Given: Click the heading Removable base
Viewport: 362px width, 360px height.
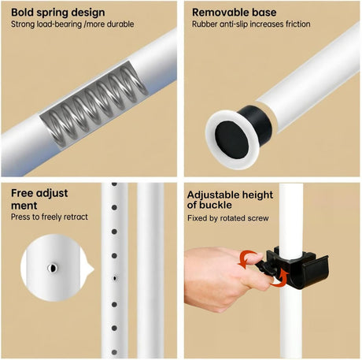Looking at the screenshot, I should click(x=234, y=12).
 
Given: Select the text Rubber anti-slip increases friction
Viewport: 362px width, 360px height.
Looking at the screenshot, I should click(x=251, y=24).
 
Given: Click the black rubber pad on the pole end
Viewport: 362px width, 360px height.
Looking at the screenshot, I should click(x=228, y=128).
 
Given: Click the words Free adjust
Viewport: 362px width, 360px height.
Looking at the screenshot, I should click(x=39, y=195).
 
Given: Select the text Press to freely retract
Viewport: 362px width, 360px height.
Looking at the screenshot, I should click(x=50, y=217).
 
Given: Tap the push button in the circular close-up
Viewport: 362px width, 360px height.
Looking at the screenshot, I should click(x=53, y=268).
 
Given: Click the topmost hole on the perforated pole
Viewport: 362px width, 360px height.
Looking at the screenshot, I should click(x=115, y=187).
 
